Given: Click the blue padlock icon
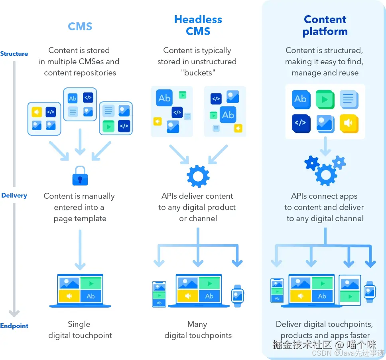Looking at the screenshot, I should pyautogui.click(x=80, y=176).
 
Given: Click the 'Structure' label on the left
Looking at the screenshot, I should pyautogui.click(x=14, y=54).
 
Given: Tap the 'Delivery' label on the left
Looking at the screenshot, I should pyautogui.click(x=14, y=196).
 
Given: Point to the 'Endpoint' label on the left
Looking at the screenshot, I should pyautogui.click(x=14, y=326).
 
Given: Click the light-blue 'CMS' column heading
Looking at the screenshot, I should pyautogui.click(x=80, y=26).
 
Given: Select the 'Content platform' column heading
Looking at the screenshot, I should pyautogui.click(x=325, y=26).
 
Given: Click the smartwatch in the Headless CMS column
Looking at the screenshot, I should pyautogui.click(x=238, y=296).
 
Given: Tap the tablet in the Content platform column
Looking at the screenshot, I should pyautogui.click(x=350, y=290).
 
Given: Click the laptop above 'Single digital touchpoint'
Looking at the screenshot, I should pyautogui.click(x=80, y=291).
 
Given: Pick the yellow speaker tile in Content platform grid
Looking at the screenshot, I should pyautogui.click(x=349, y=123).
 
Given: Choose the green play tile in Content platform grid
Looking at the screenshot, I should pyautogui.click(x=325, y=99).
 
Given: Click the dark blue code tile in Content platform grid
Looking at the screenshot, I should pyautogui.click(x=301, y=123).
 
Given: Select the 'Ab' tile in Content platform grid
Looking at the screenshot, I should pyautogui.click(x=301, y=99).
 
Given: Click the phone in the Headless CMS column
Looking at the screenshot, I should pyautogui.click(x=159, y=295).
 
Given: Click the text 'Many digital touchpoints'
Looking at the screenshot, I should pyautogui.click(x=198, y=330).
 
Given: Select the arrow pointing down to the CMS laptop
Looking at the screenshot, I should pyautogui.click(x=80, y=249).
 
